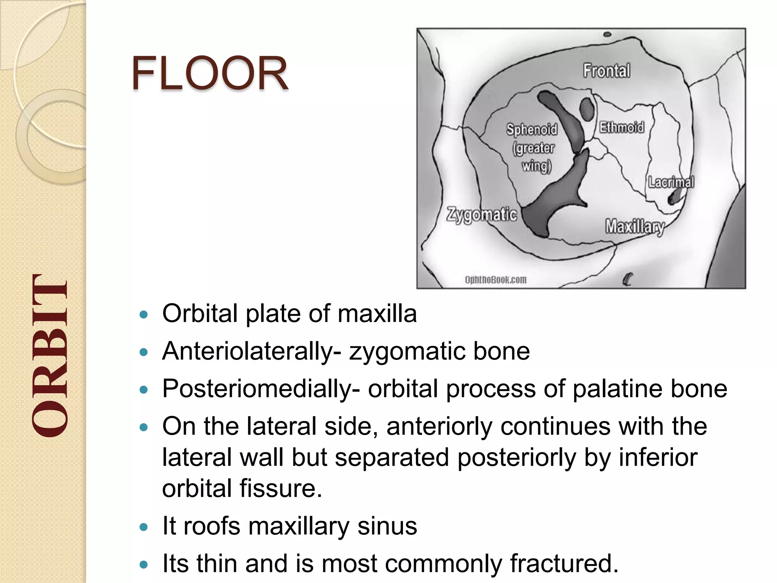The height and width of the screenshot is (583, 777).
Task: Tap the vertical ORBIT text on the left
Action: pyautogui.click(x=50, y=356)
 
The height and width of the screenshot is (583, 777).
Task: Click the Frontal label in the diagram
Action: pyautogui.click(x=606, y=71)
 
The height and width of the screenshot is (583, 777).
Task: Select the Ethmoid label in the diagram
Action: pyautogui.click(x=621, y=127)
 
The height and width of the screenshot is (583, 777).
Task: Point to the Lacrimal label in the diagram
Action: pyautogui.click(x=671, y=182)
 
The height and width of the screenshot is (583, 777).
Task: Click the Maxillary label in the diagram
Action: pyautogui.click(x=634, y=227)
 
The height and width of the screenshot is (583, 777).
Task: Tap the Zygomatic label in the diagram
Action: pyautogui.click(x=481, y=214)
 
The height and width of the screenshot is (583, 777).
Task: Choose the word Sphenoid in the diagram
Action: pyautogui.click(x=532, y=130)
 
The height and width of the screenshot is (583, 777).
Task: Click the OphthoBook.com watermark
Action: pyautogui.click(x=495, y=280)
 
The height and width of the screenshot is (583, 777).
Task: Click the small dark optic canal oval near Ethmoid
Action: pyautogui.click(x=587, y=109)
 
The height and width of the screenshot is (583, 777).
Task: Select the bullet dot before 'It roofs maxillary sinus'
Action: pyautogui.click(x=143, y=527)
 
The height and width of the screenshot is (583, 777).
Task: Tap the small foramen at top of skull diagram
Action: pyautogui.click(x=607, y=35)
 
